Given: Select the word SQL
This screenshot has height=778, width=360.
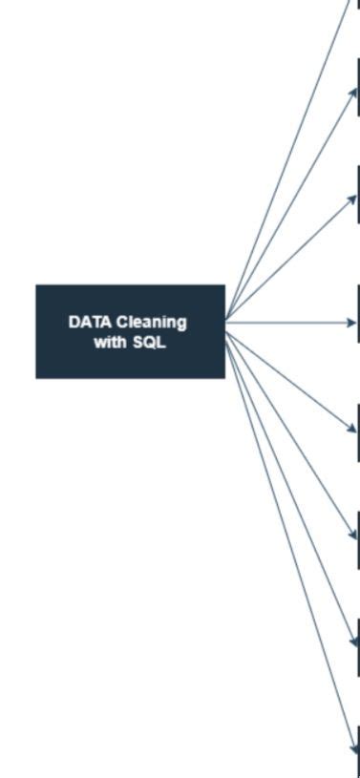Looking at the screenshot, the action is click(150, 343).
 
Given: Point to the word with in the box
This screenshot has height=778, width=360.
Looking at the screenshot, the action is click(110, 343).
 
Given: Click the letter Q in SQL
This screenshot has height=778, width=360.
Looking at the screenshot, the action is click(150, 343).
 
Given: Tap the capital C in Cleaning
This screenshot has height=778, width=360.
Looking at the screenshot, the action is click(121, 322).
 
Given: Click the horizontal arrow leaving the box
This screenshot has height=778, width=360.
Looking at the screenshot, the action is click(286, 323).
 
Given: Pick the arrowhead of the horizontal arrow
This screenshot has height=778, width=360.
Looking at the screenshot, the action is click(351, 323).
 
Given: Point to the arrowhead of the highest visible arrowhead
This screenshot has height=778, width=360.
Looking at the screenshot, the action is click(352, 92).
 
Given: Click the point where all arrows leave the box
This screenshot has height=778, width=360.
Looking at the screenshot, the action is click(225, 323).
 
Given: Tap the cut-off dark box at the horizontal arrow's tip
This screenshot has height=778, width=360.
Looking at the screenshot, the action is click(358, 323).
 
